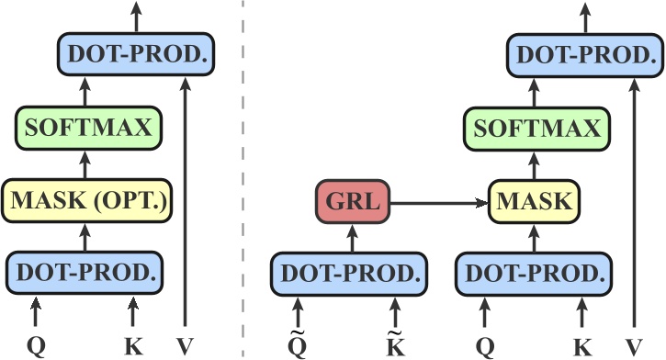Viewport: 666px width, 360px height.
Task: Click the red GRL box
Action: tap(354, 201)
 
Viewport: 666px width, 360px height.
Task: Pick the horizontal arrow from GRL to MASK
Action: tap(440, 201)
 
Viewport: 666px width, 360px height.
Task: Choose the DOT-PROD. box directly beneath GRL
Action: tap(350, 273)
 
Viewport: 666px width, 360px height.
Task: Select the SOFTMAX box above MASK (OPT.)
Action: tap(87, 128)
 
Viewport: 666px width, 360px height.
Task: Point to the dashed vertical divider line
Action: tap(243, 184)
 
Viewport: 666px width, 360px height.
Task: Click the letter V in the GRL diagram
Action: tap(633, 347)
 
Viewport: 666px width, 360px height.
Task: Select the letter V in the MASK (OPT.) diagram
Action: tap(186, 347)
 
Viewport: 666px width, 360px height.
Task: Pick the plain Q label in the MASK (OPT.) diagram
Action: tap(37, 347)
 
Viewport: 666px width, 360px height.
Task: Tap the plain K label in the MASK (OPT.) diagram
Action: tap(133, 347)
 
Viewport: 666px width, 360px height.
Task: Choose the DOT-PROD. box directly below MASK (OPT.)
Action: tap(85, 273)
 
